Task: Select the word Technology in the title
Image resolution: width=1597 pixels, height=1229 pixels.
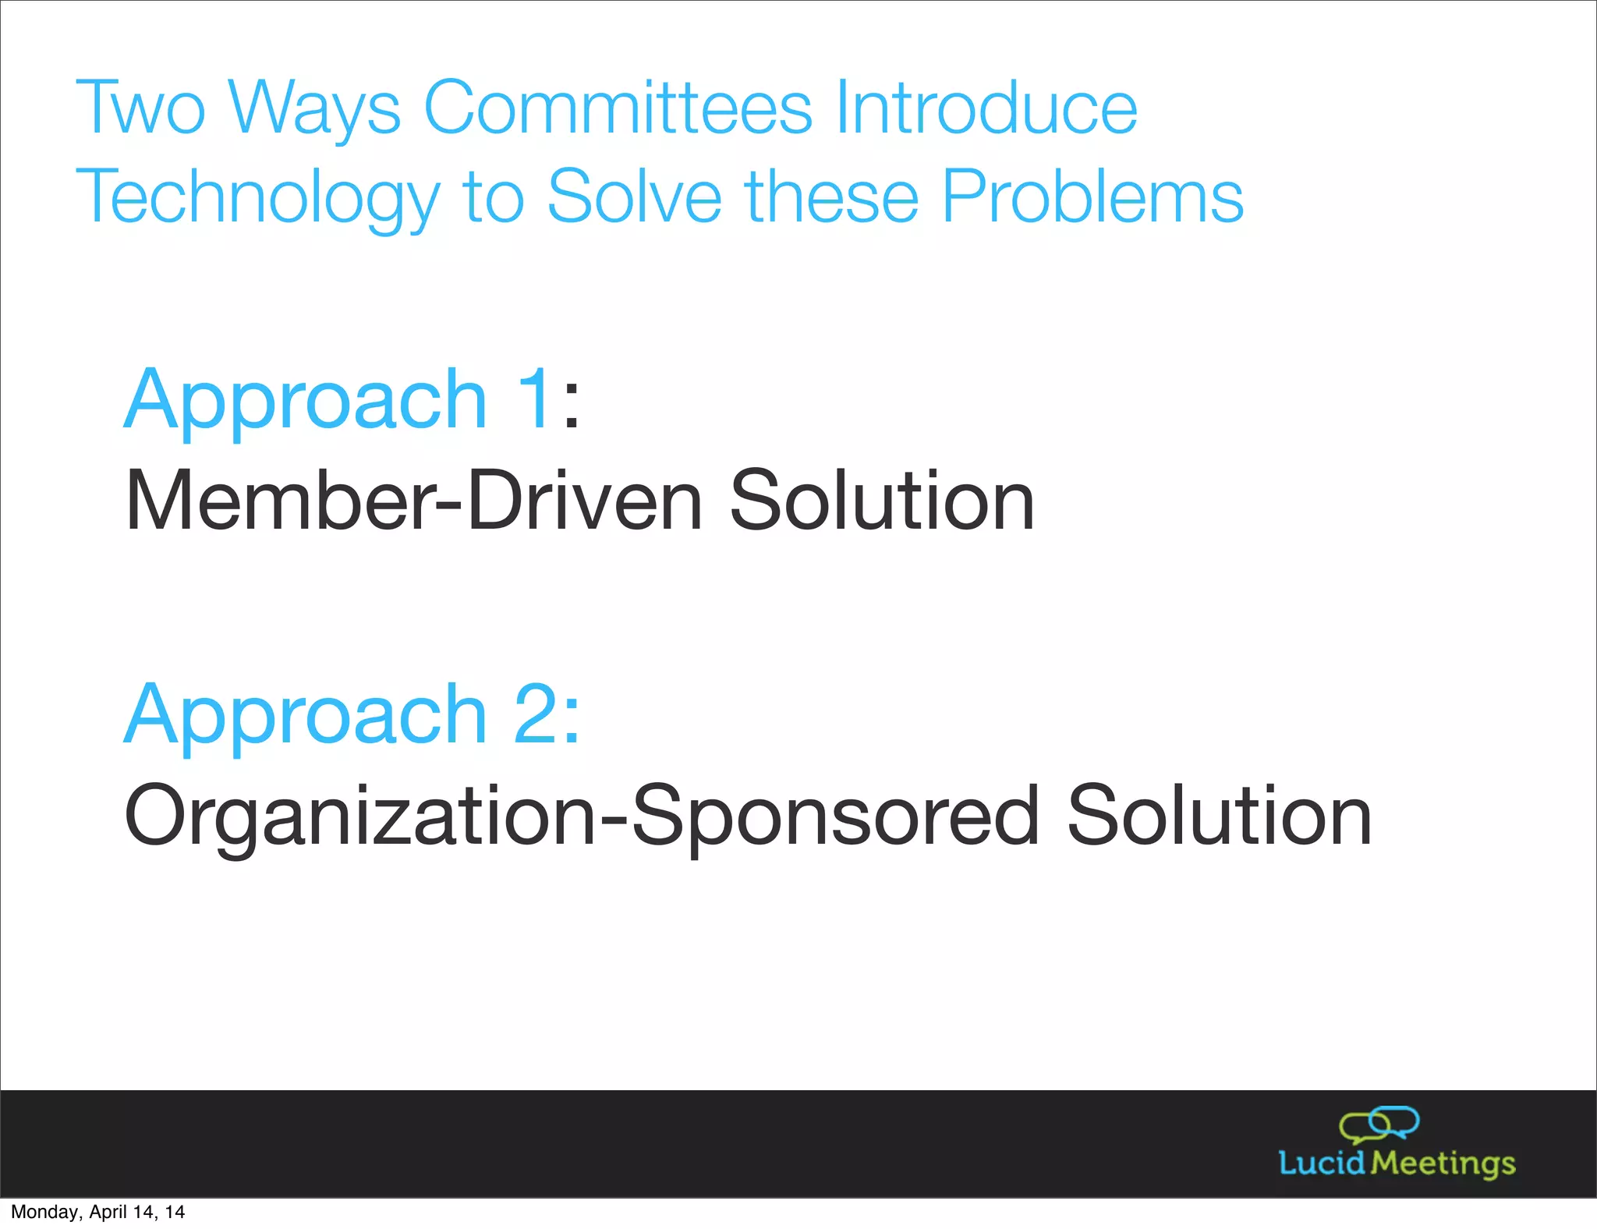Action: pos(257,197)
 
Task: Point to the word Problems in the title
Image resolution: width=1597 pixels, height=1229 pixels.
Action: pos(1092,197)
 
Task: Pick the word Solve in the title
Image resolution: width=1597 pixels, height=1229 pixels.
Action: pos(635,197)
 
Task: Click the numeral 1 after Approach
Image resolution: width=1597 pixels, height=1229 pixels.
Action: pos(536,399)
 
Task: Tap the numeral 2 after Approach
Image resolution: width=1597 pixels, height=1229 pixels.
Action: pos(536,714)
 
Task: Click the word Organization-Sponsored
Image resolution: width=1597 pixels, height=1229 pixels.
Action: pos(582,816)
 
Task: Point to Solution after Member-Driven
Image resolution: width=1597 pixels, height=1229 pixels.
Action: pos(881,501)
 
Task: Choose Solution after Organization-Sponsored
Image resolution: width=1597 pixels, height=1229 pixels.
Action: pos(1218,816)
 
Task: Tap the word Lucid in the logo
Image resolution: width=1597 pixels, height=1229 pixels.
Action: pos(1322,1163)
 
